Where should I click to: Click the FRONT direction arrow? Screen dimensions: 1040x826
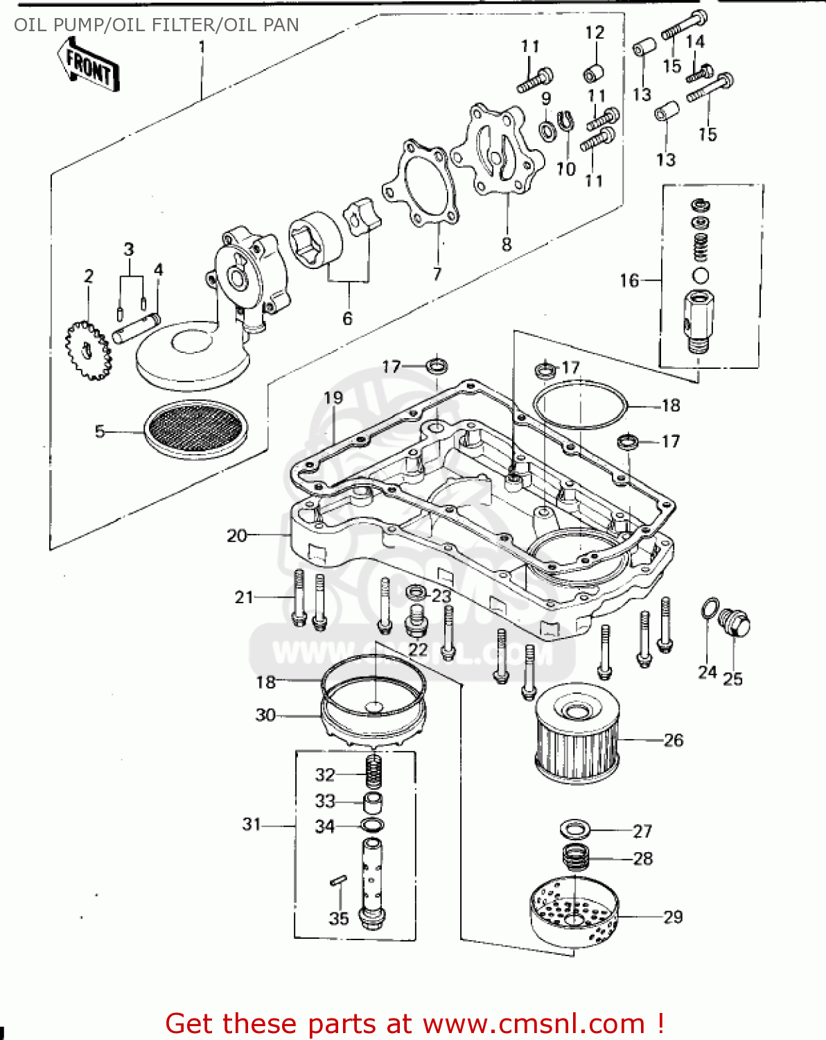(x=89, y=65)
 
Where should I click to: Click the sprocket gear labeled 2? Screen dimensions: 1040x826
(x=88, y=350)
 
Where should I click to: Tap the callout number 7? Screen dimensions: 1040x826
(x=437, y=274)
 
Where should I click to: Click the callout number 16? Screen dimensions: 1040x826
(x=629, y=281)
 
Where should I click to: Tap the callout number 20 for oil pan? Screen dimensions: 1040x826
(x=236, y=536)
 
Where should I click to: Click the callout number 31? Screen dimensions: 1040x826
(x=252, y=824)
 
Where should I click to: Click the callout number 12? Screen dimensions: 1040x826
(x=595, y=33)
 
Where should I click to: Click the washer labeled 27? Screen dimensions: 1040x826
(x=574, y=828)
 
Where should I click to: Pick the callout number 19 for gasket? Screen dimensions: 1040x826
(x=333, y=397)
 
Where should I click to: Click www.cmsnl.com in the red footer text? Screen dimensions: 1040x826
(x=534, y=1023)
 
